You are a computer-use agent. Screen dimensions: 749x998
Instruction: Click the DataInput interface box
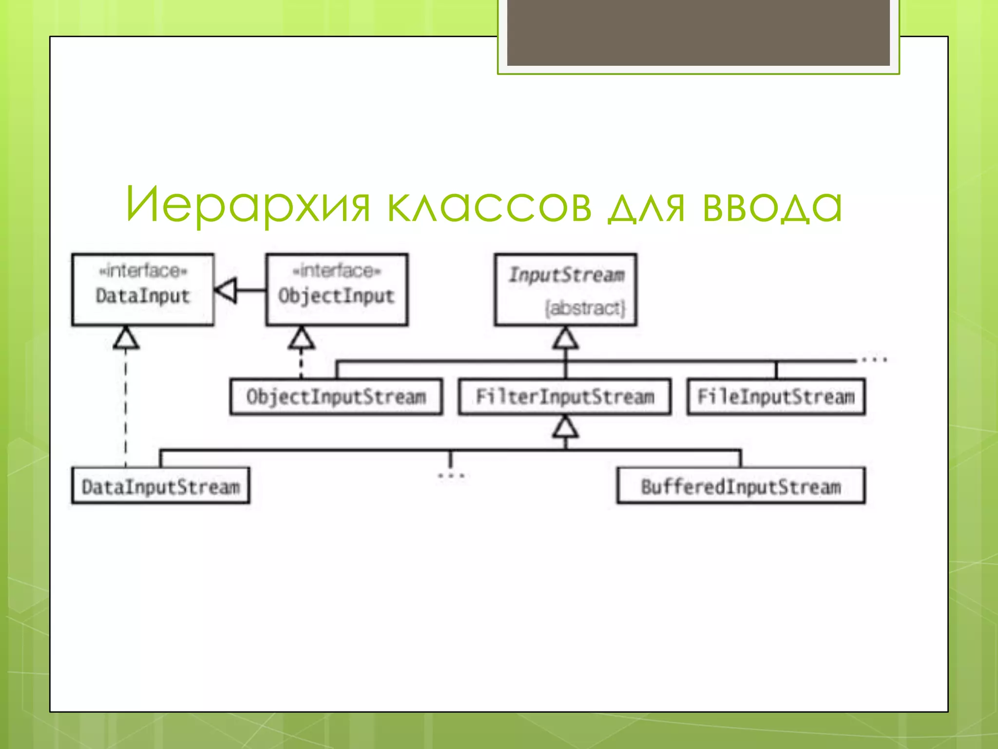pyautogui.click(x=142, y=290)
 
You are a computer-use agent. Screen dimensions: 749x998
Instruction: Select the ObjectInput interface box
pyautogui.click(x=337, y=290)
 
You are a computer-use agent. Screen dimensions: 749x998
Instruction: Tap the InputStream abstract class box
pyautogui.click(x=565, y=290)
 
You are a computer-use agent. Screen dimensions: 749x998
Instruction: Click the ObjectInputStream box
pyautogui.click(x=336, y=397)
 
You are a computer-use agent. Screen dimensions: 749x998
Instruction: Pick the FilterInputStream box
pyautogui.click(x=565, y=397)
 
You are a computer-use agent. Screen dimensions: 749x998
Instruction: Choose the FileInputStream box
pyautogui.click(x=776, y=397)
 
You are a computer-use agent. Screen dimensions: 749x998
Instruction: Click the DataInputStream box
pyautogui.click(x=160, y=486)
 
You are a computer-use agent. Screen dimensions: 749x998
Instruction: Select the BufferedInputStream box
pyautogui.click(x=741, y=486)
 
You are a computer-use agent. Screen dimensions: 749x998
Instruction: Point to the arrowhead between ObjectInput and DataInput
pyautogui.click(x=226, y=290)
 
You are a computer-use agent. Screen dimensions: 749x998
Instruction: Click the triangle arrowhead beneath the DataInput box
pyautogui.click(x=126, y=338)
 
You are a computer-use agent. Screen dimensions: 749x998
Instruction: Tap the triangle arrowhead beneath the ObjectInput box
pyautogui.click(x=301, y=338)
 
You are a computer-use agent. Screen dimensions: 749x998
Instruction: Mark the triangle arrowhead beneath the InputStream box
pyautogui.click(x=565, y=338)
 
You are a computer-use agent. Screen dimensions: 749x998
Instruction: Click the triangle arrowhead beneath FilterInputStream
pyautogui.click(x=565, y=427)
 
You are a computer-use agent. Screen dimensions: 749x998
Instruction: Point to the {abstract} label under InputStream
pyautogui.click(x=585, y=308)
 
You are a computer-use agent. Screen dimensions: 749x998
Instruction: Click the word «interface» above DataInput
pyautogui.click(x=143, y=271)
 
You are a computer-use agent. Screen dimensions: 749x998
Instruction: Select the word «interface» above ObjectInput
pyautogui.click(x=337, y=271)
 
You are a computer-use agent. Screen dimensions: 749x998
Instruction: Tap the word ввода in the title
pyautogui.click(x=772, y=205)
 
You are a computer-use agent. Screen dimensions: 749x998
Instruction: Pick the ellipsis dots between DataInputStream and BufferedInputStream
pyautogui.click(x=451, y=475)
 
